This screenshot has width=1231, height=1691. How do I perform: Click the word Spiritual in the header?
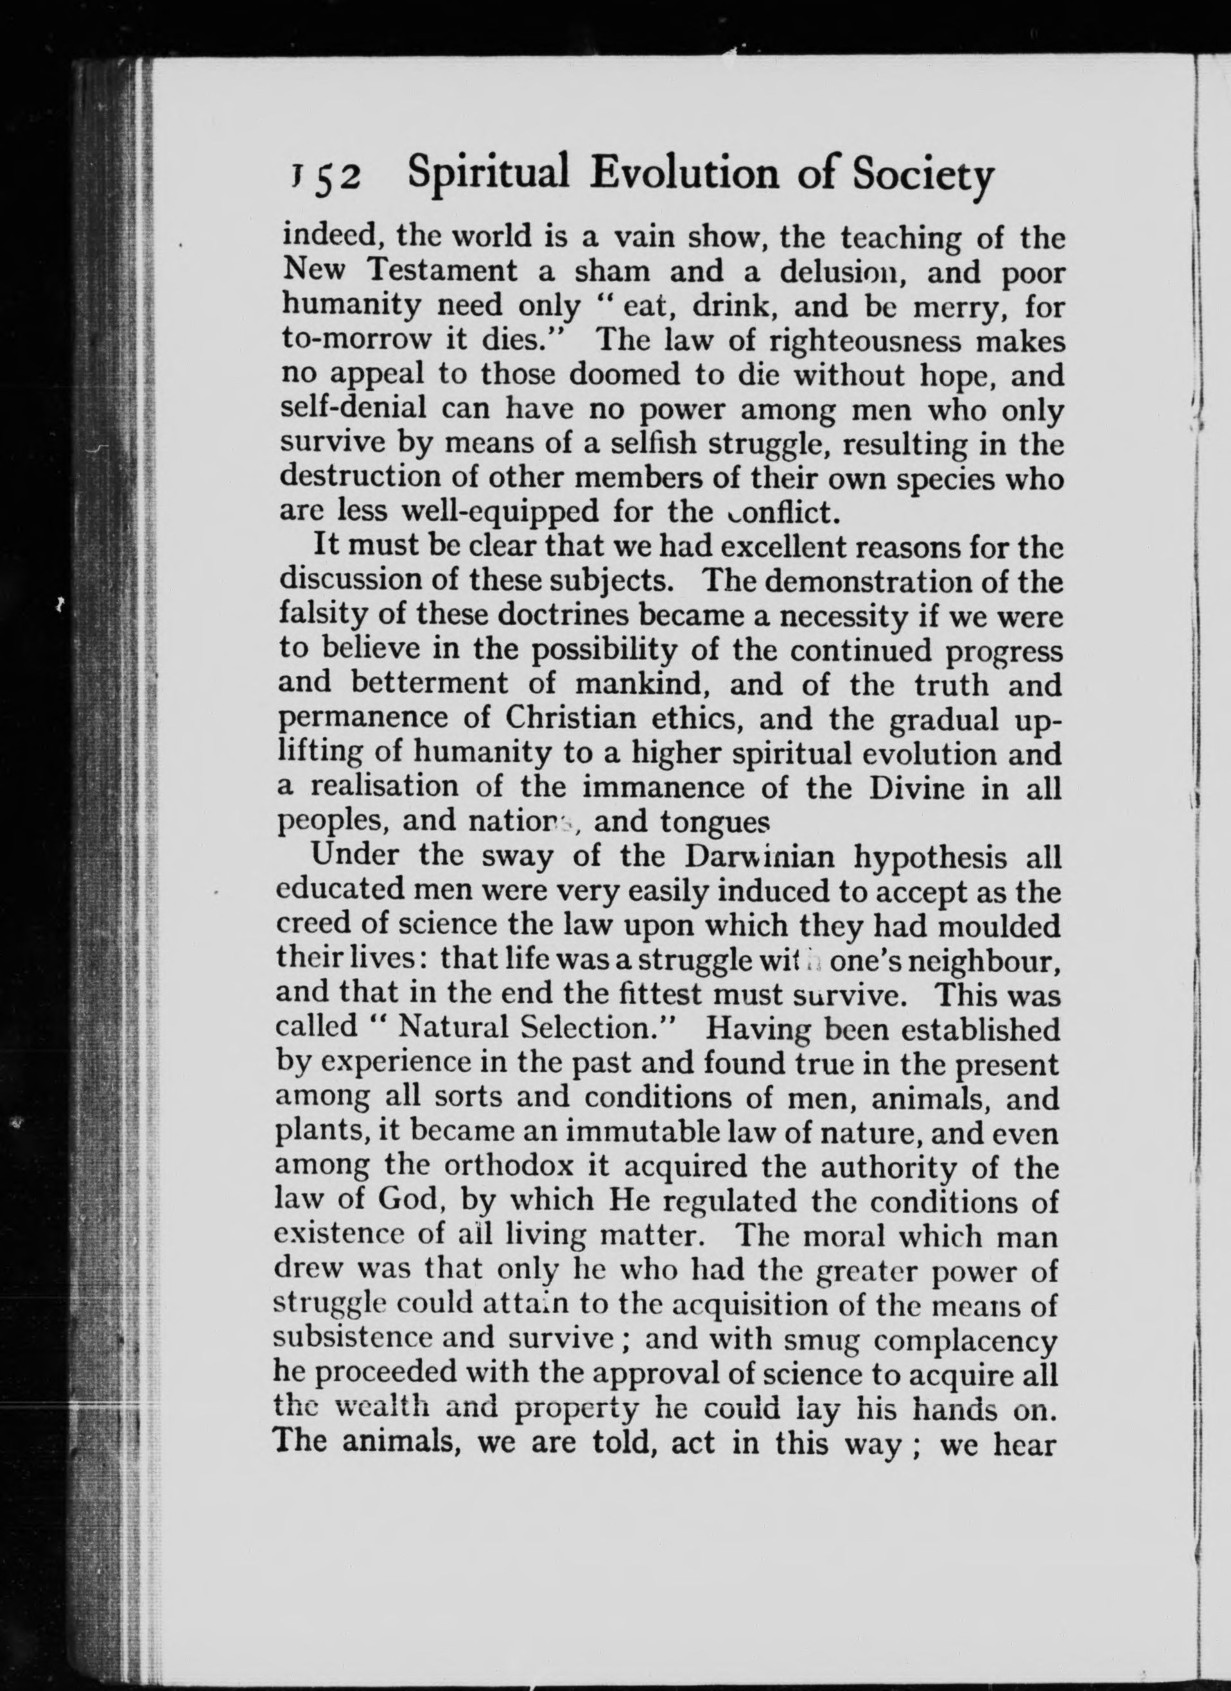[489, 176]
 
